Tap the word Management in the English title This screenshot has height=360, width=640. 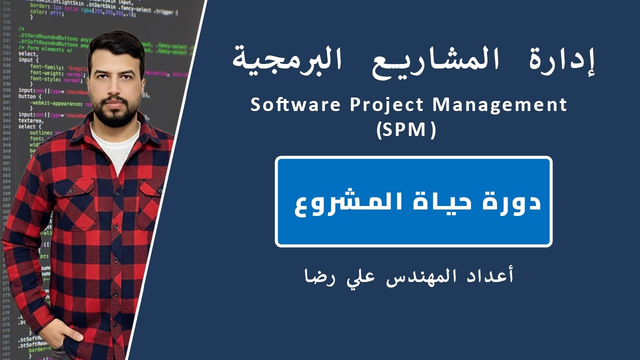pos(500,105)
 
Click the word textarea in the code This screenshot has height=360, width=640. pos(30,120)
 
